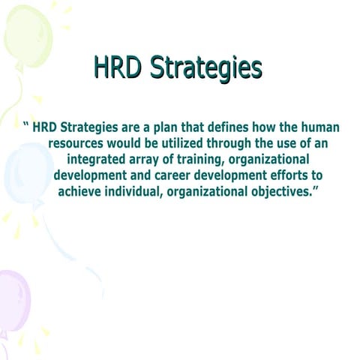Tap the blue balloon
[27, 172]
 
